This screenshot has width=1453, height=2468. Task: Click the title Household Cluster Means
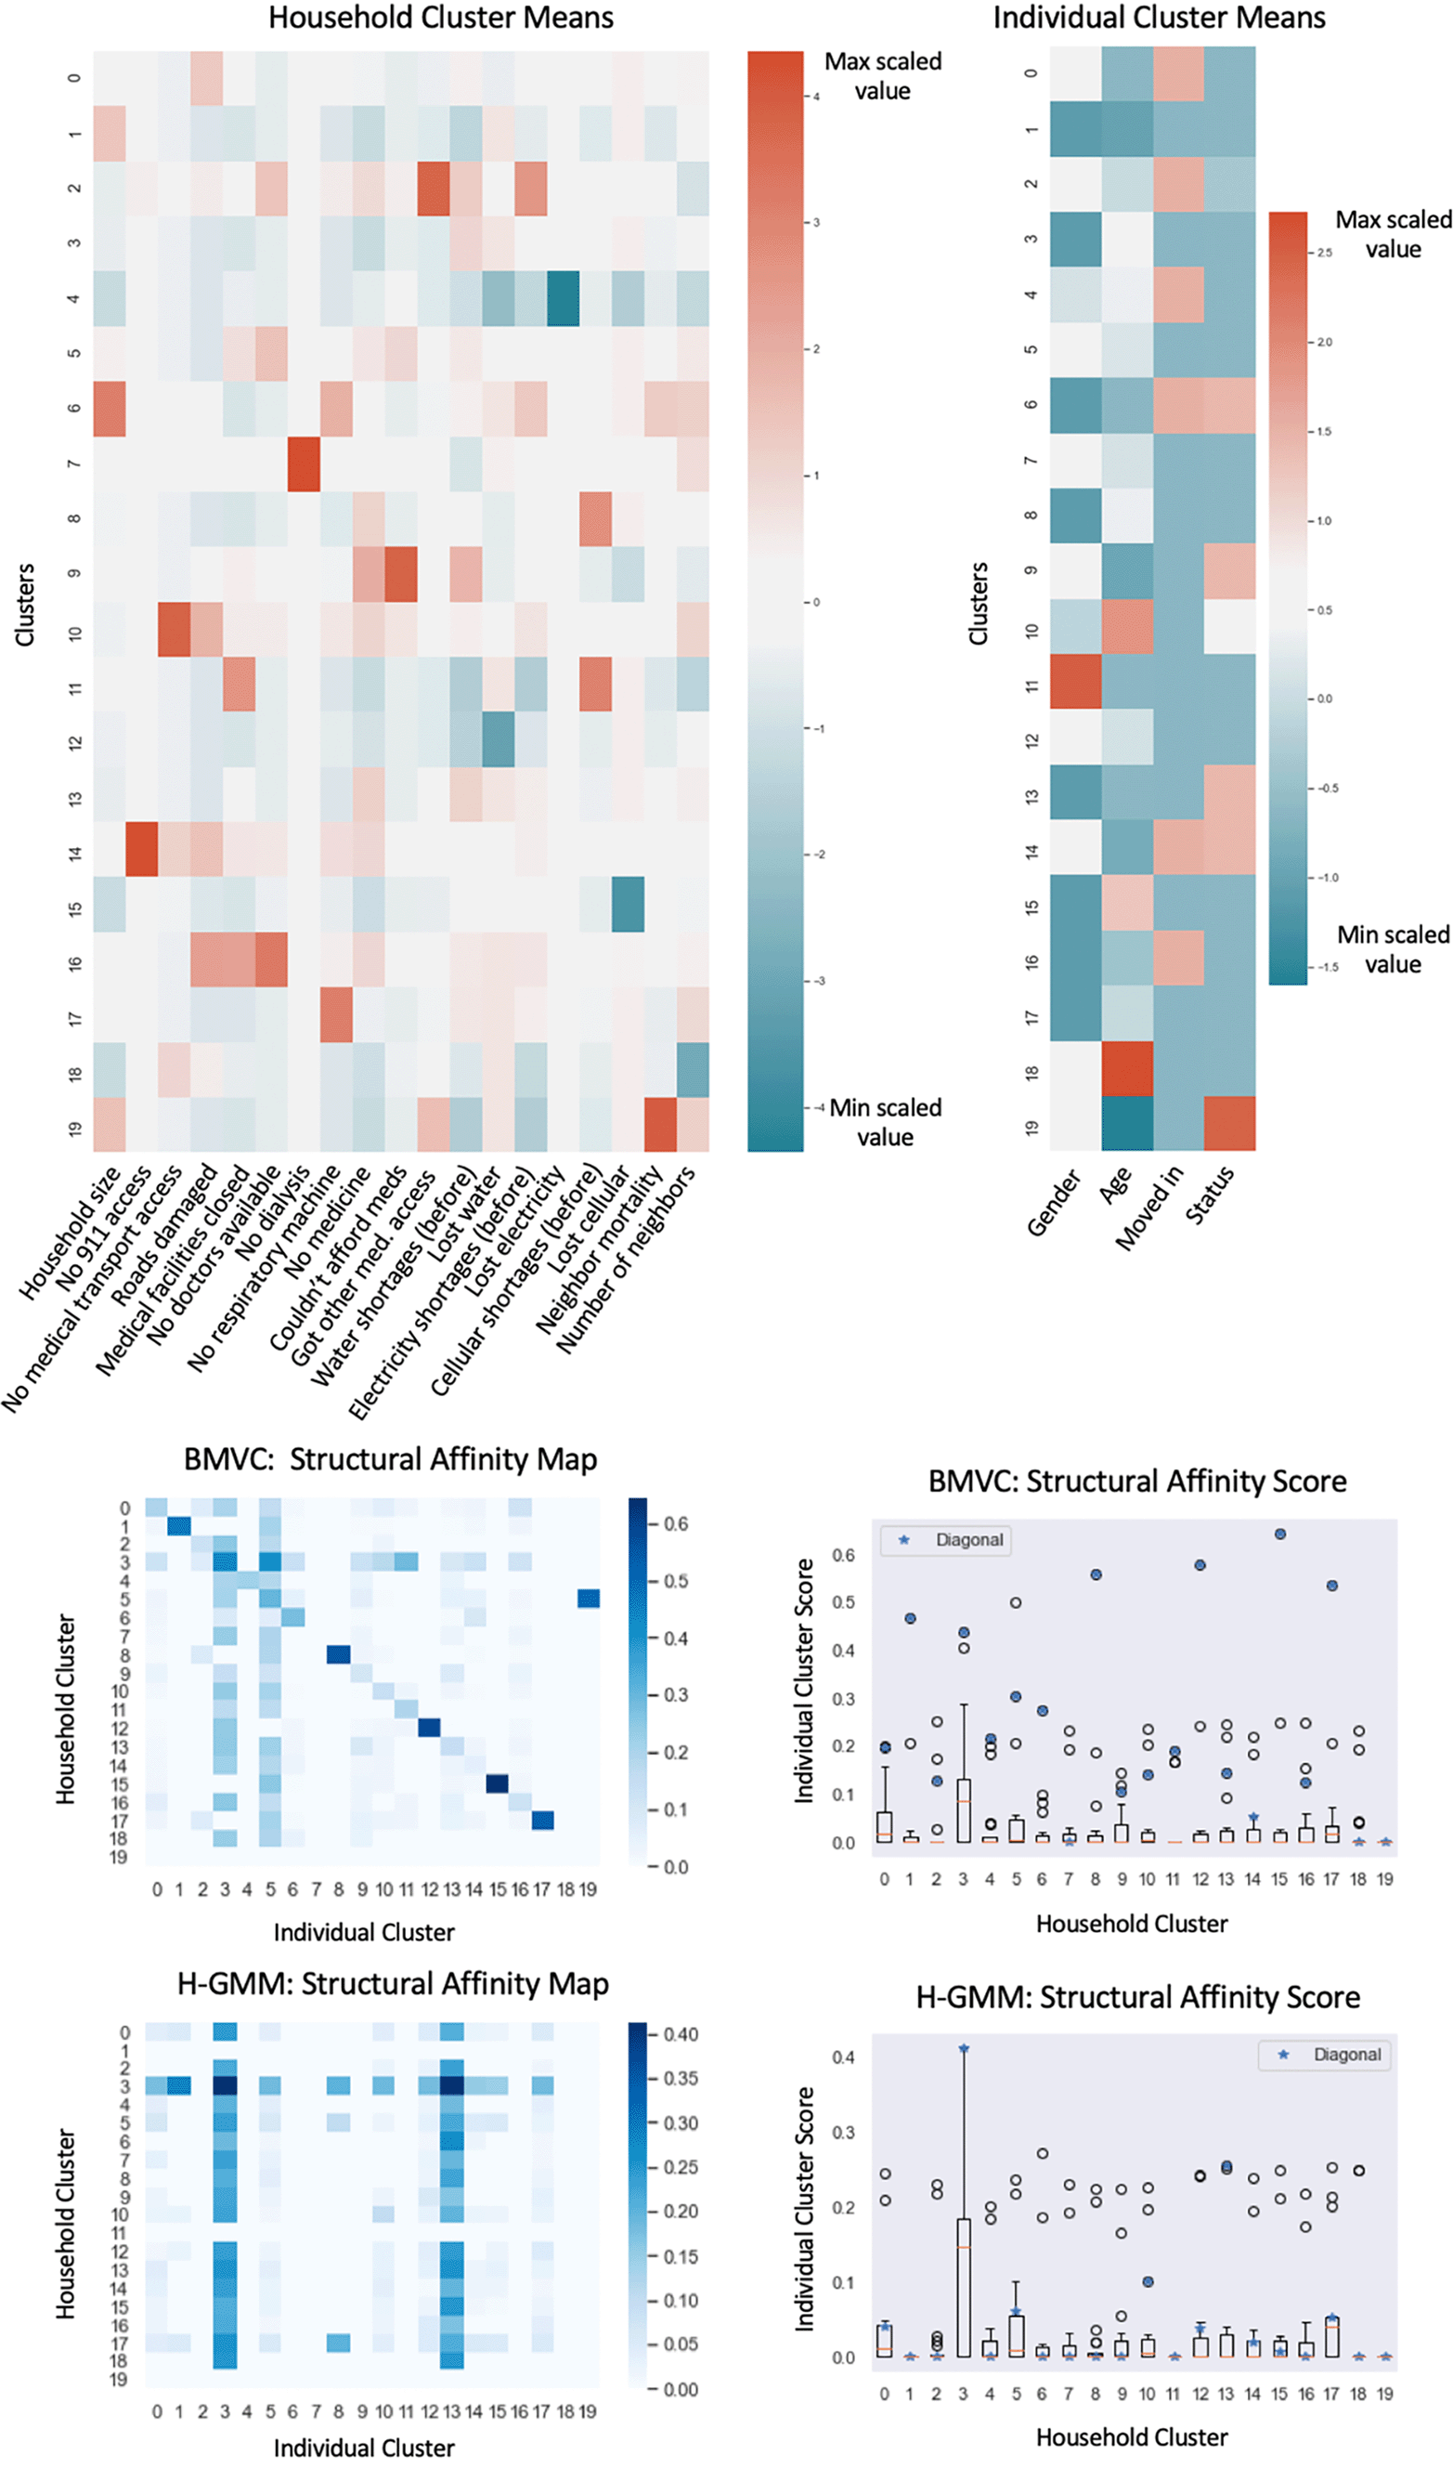[441, 18]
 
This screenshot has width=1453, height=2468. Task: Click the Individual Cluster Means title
[1159, 18]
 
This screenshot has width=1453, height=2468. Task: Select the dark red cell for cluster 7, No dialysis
[304, 464]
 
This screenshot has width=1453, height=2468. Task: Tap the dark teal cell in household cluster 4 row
[563, 299]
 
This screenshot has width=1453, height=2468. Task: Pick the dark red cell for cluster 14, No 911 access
[142, 849]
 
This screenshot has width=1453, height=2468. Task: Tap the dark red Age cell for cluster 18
[1127, 1068]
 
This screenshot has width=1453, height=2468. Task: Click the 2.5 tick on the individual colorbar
[1324, 253]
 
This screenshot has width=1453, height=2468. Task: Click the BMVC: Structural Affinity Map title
[390, 1459]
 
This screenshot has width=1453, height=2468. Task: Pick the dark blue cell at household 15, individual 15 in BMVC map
[498, 1783]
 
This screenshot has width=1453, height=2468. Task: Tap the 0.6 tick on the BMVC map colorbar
[676, 1524]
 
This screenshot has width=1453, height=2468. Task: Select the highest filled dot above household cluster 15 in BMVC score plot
[1279, 1534]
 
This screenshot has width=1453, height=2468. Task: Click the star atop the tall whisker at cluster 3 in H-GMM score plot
[964, 2049]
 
